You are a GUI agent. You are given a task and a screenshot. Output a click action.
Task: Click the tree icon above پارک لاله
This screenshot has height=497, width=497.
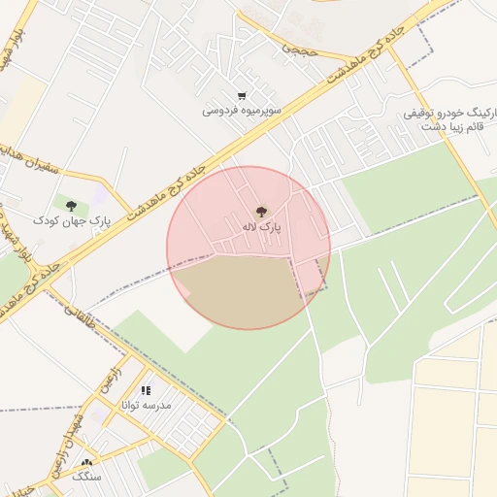click(260, 211)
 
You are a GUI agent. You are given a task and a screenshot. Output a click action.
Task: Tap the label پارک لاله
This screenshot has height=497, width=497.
click(261, 227)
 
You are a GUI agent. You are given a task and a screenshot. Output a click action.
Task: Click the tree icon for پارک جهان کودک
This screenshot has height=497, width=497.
click(71, 205)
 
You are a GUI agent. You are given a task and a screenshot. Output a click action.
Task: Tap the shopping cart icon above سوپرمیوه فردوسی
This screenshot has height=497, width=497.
click(242, 96)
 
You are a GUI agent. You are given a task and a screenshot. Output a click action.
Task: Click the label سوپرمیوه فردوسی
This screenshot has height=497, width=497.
click(242, 111)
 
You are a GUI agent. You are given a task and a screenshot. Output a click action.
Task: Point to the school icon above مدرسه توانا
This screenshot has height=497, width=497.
click(146, 390)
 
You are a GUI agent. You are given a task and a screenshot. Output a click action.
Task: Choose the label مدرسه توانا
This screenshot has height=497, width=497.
click(146, 405)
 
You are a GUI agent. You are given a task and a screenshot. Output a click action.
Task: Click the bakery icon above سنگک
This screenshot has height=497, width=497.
click(87, 464)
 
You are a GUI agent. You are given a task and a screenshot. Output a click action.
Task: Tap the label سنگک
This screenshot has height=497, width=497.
click(87, 479)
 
